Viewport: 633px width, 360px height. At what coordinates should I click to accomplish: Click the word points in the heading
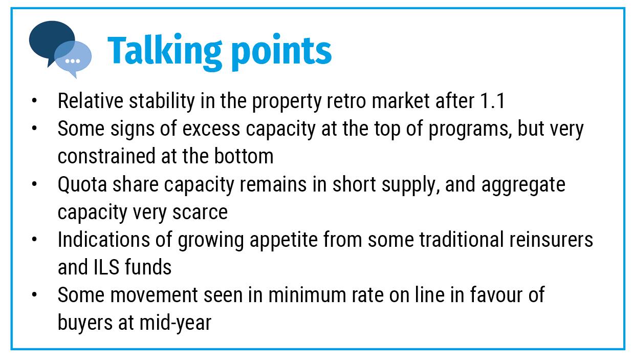pyautogui.click(x=282, y=52)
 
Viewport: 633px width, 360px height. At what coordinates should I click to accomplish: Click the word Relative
pyautogui.click(x=91, y=101)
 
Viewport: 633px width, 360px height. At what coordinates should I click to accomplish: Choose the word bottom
pyautogui.click(x=244, y=156)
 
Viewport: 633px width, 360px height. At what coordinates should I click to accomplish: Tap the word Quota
pyautogui.click(x=82, y=185)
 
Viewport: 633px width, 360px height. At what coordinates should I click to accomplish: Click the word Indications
pyautogui.click(x=104, y=240)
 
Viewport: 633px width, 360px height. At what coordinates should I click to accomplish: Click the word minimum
pyautogui.click(x=307, y=295)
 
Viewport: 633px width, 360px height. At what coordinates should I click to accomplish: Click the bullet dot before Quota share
pyautogui.click(x=34, y=184)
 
